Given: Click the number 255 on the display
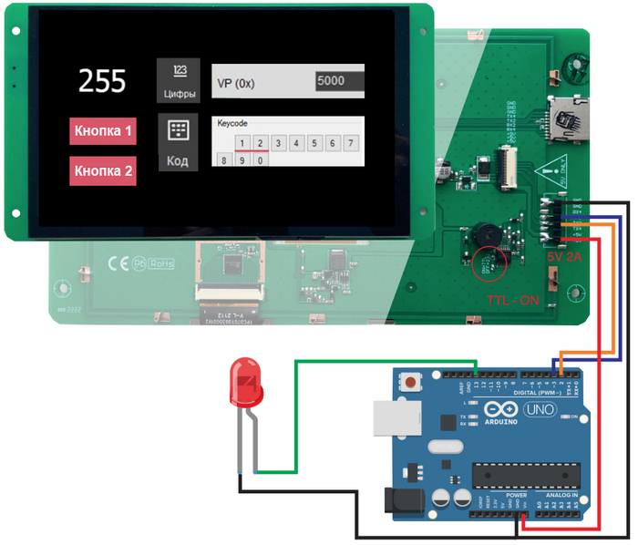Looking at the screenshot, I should (101, 81).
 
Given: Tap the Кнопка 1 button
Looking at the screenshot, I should (103, 131).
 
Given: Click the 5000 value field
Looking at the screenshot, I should (339, 81).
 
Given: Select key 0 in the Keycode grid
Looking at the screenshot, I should (261, 161).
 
